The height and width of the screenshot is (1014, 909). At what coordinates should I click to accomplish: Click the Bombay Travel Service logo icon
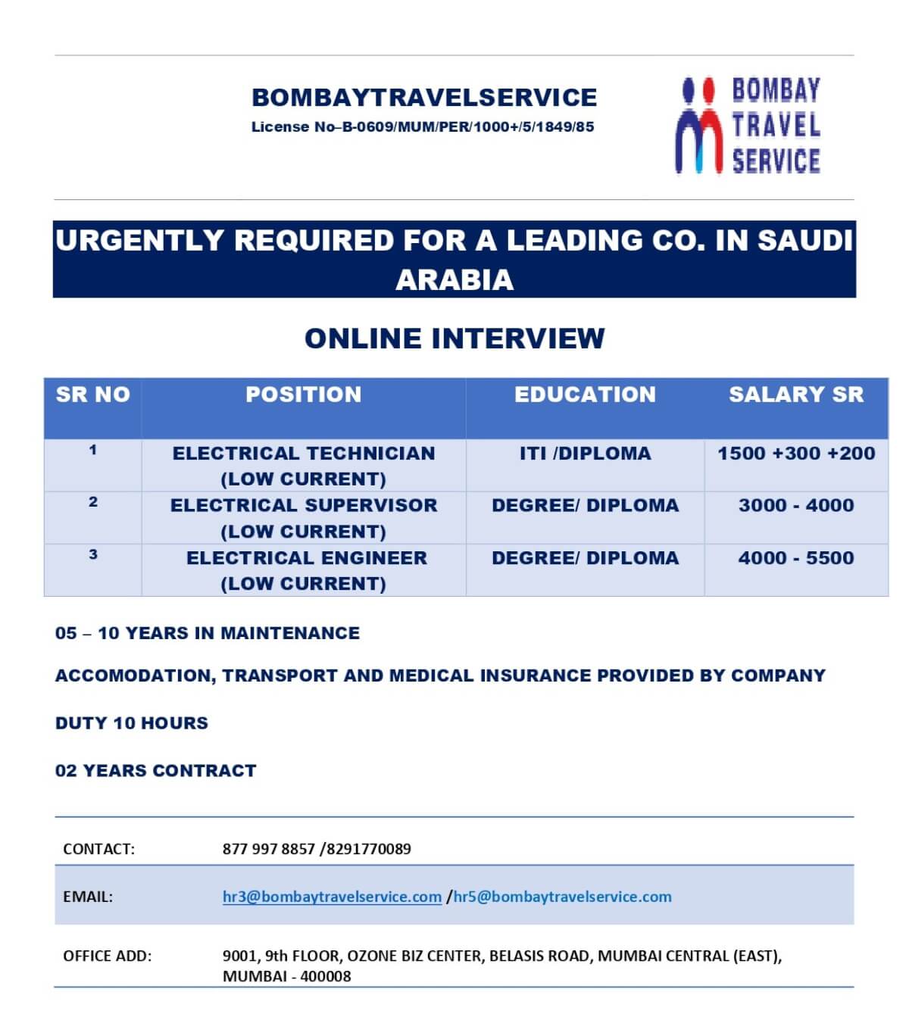click(698, 126)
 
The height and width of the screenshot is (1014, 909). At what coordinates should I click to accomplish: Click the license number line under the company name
click(423, 127)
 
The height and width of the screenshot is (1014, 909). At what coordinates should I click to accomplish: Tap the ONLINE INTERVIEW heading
click(454, 339)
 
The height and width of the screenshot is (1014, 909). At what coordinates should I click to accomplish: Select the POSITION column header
click(303, 395)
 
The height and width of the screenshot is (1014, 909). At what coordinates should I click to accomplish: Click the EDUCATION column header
click(585, 395)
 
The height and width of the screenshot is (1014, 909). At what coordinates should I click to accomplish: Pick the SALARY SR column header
click(796, 395)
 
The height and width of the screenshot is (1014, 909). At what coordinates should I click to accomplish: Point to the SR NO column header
click(92, 395)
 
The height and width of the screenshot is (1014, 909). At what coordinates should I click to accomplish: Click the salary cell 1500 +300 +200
click(796, 454)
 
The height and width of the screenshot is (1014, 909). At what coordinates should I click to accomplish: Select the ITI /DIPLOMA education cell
click(585, 454)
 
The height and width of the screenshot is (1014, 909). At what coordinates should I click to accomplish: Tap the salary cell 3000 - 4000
click(796, 506)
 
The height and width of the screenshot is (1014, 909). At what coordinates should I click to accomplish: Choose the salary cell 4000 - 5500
click(796, 558)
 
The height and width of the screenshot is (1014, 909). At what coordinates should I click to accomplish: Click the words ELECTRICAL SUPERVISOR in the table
click(304, 506)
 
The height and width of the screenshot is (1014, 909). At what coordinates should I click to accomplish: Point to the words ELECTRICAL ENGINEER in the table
click(307, 558)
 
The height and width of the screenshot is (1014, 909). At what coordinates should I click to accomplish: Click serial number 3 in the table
click(93, 554)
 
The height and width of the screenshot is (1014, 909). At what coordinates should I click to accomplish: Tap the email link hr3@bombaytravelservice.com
click(332, 897)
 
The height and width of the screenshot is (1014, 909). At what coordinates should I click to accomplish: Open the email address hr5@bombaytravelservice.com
click(562, 897)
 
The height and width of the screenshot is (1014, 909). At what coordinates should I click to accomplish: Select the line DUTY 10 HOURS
click(132, 723)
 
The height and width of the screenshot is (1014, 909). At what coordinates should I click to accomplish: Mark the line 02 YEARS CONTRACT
click(156, 771)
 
